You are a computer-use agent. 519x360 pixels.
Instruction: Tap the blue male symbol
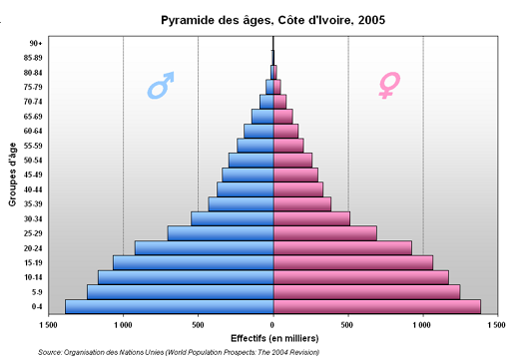pyautogui.click(x=161, y=86)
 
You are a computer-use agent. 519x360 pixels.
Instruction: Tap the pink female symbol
pyautogui.click(x=387, y=86)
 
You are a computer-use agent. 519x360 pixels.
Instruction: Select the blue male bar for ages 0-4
pyautogui.click(x=169, y=306)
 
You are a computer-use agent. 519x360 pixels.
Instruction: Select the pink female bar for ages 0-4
pyautogui.click(x=376, y=306)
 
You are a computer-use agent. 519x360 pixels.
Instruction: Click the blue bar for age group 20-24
pyautogui.click(x=204, y=247)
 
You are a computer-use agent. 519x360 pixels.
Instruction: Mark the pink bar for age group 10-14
pyautogui.click(x=360, y=276)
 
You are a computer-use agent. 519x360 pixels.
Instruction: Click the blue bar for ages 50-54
pyautogui.click(x=251, y=160)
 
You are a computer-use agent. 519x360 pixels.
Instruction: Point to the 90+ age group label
pyautogui.click(x=35, y=43)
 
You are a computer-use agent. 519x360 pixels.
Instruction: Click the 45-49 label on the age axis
pyautogui.click(x=33, y=175)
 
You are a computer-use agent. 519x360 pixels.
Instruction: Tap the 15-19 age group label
pyautogui.click(x=33, y=262)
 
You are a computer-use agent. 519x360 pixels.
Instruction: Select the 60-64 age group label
pyautogui.click(x=33, y=131)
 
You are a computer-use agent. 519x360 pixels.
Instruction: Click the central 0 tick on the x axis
pyautogui.click(x=272, y=324)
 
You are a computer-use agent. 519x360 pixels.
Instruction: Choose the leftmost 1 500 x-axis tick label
pyautogui.click(x=47, y=324)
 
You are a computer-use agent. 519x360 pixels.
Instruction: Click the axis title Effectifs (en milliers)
pyautogui.click(x=272, y=338)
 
